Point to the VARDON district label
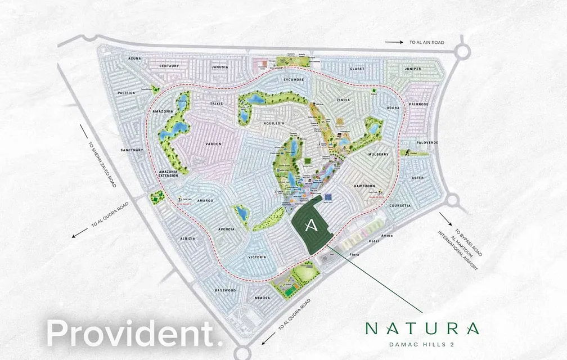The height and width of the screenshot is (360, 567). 213,144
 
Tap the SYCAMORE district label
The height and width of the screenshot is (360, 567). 293,80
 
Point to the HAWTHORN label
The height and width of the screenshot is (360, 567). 365,186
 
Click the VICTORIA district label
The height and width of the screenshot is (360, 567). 256,257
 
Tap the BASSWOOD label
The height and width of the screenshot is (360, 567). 226,290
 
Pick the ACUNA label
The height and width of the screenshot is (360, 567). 134,58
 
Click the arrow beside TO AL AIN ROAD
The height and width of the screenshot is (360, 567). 394,42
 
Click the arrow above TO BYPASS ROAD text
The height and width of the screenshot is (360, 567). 447,219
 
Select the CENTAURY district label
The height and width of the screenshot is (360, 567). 169,66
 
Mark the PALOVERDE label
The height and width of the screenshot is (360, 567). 427,143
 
